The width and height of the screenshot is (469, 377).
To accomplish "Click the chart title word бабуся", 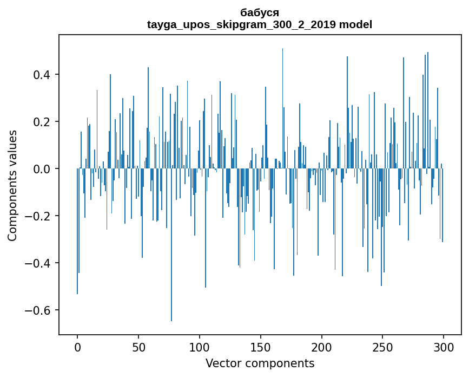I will tap(260, 12).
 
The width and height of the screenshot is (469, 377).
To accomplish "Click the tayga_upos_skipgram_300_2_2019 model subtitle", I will tap(260, 24).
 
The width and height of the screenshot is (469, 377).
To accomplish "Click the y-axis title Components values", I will tap(12, 185).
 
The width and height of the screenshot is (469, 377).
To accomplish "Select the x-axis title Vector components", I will tap(260, 363).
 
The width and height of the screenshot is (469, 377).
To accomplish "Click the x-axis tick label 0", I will tap(77, 347).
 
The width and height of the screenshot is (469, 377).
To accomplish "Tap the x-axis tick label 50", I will tap(138, 347).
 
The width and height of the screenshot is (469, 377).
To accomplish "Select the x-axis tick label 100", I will tap(200, 347).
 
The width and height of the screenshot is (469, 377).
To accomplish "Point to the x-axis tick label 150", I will tap(260, 347).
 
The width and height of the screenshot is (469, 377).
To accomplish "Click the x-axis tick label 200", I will tap(321, 347).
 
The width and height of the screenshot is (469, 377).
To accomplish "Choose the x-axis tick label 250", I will tap(382, 347).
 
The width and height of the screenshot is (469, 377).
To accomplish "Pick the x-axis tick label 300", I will tap(444, 347).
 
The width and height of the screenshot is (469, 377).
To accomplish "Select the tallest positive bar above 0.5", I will tap(282, 108).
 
